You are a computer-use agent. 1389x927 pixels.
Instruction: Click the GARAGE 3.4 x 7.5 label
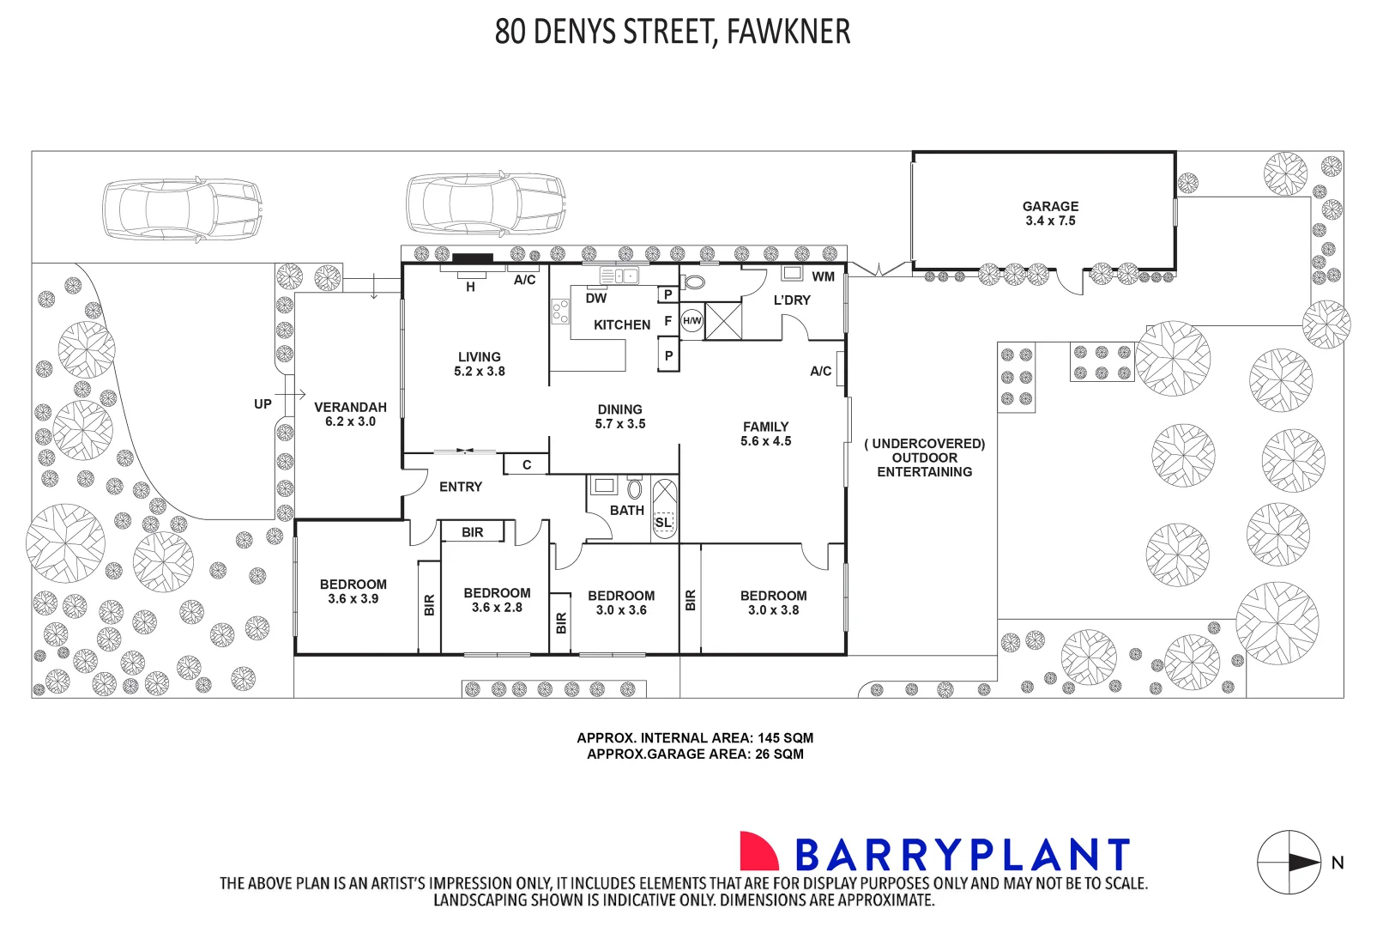1050,214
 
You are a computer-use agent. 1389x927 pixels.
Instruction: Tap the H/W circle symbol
691,321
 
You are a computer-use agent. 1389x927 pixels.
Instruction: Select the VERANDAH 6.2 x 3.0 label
350,415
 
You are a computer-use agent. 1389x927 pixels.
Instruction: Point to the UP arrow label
263,403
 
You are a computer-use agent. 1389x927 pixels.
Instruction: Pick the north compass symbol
1289,863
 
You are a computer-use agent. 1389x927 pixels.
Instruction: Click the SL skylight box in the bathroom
663,522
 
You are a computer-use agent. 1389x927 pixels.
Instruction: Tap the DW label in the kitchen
595,299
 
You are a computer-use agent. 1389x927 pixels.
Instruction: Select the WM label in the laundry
823,276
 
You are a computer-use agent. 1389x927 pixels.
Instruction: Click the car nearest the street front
181,209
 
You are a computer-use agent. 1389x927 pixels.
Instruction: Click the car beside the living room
486,204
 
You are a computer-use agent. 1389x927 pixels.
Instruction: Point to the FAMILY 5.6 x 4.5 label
765,433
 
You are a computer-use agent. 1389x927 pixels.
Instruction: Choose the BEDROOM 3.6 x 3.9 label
353,591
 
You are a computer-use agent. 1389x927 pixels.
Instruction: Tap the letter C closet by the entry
527,465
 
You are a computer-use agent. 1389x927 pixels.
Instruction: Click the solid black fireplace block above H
473,258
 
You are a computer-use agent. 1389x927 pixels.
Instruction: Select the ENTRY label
461,487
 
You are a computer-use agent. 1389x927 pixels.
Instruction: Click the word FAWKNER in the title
788,33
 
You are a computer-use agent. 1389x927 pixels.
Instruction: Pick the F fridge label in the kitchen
667,321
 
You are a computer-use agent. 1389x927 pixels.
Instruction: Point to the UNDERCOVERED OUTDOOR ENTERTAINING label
924,457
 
